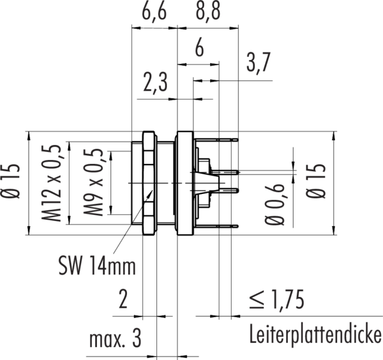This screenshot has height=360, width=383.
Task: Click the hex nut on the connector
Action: pyautogui.click(x=148, y=183)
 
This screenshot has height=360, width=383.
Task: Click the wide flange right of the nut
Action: pyautogui.click(x=184, y=183)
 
